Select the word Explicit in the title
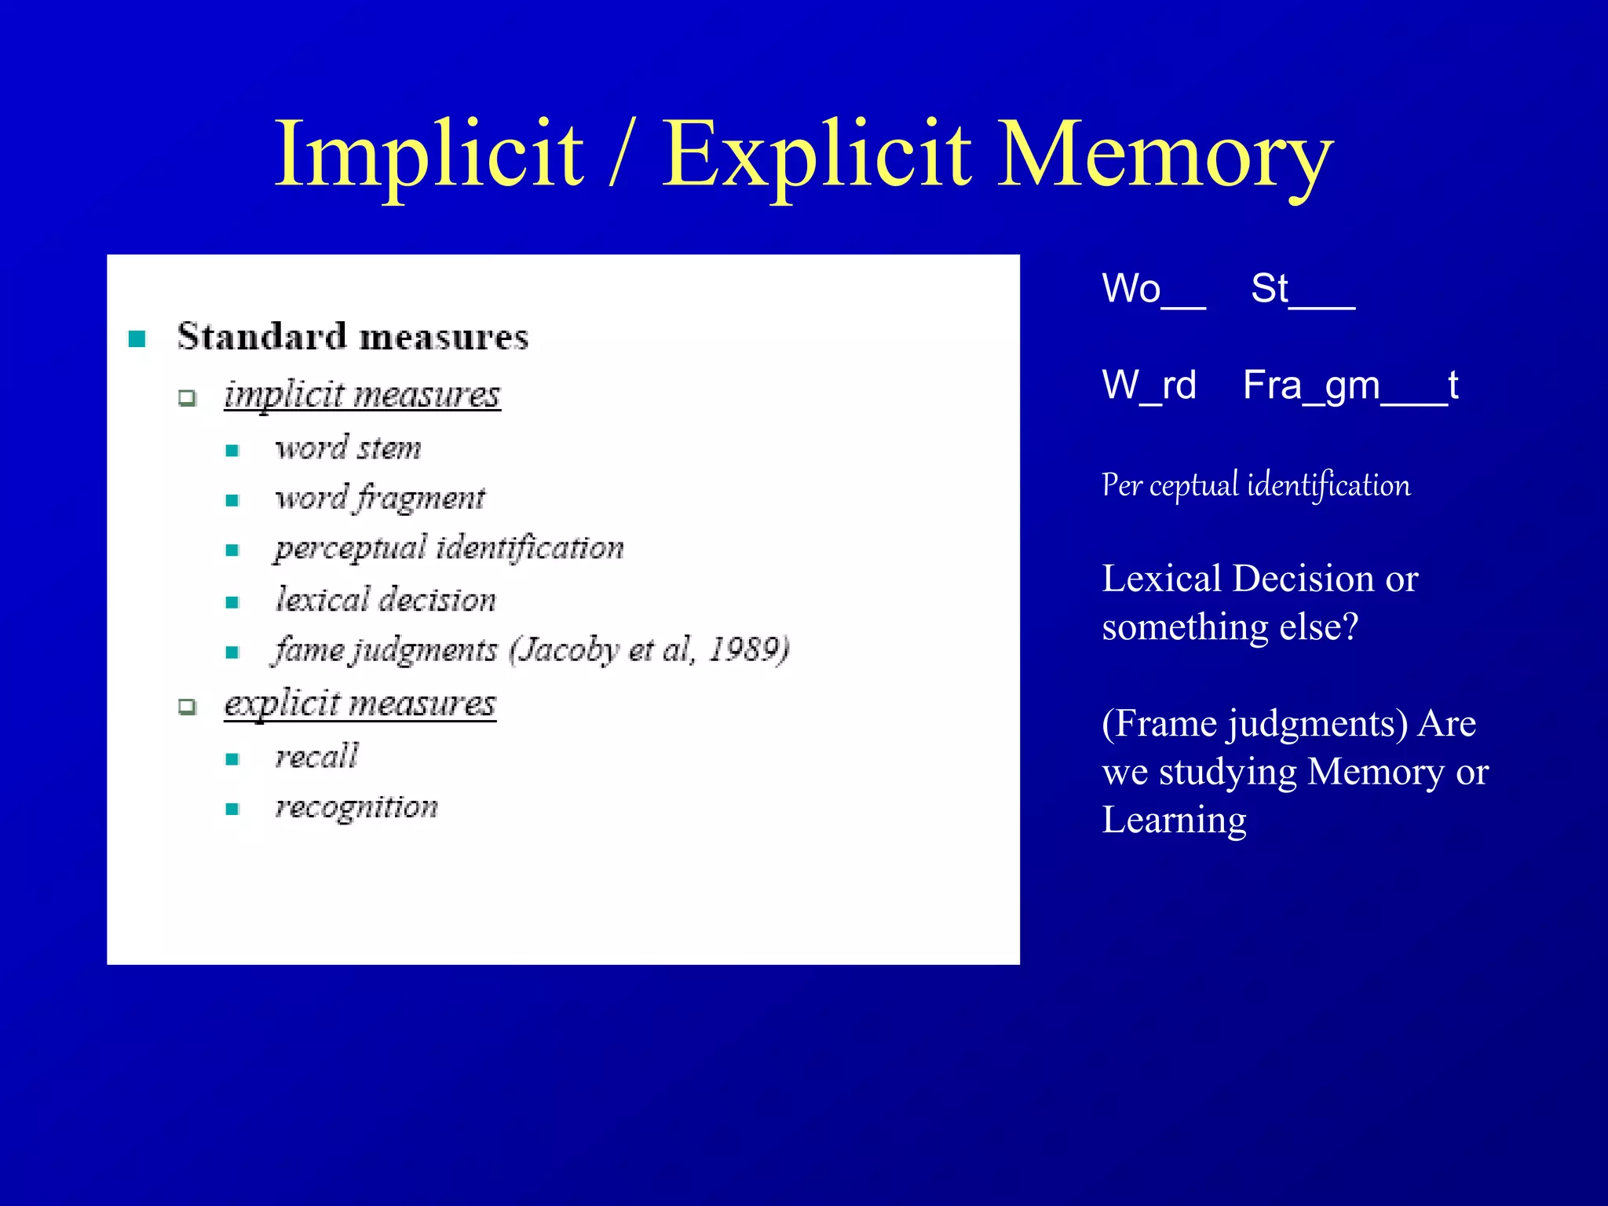click(817, 155)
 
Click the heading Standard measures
click(353, 337)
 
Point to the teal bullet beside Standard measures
click(137, 339)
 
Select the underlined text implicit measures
click(362, 394)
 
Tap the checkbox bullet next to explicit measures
click(187, 707)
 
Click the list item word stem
click(348, 448)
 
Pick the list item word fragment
click(380, 499)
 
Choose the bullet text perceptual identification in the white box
click(449, 548)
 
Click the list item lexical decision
click(386, 601)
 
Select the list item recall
click(316, 757)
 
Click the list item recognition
click(356, 808)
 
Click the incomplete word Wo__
click(1153, 289)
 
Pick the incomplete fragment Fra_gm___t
click(1350, 386)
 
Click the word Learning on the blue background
click(1174, 820)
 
